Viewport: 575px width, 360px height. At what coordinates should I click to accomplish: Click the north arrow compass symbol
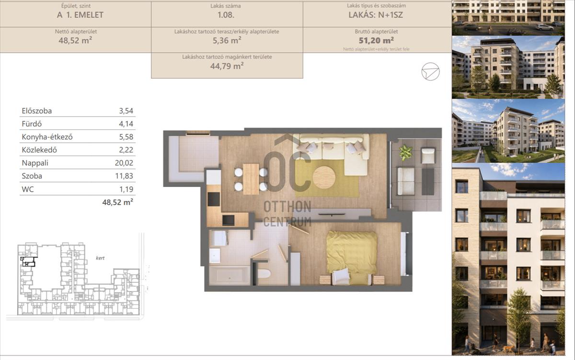click(x=430, y=71)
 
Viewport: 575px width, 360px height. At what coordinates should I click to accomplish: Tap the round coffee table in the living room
click(x=324, y=177)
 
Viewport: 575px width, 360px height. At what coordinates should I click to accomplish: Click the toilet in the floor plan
click(x=264, y=274)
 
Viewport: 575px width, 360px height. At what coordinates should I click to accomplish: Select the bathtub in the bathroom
click(x=229, y=276)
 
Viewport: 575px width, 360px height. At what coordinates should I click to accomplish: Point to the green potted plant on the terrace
click(x=405, y=152)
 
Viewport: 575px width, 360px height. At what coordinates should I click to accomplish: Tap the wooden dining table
click(x=251, y=179)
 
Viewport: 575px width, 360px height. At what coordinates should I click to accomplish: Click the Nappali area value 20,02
click(x=124, y=163)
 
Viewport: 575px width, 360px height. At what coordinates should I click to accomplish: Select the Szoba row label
click(x=32, y=176)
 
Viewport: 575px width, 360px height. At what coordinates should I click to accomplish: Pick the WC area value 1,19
click(x=126, y=189)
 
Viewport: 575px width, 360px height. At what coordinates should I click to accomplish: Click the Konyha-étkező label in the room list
click(x=47, y=137)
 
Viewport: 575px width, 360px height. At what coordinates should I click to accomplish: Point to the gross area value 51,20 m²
click(x=376, y=40)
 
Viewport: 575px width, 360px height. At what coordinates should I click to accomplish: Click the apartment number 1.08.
click(x=226, y=15)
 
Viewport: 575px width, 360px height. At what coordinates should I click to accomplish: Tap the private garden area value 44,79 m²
click(x=227, y=66)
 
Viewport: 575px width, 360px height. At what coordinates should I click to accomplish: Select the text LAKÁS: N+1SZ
click(x=376, y=15)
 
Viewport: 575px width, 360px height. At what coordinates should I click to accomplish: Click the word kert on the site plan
click(x=100, y=258)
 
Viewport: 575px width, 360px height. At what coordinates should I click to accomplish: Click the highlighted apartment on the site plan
click(x=28, y=261)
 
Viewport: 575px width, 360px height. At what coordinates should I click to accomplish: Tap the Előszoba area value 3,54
click(x=126, y=111)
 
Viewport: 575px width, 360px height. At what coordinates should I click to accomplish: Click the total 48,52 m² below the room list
click(x=117, y=202)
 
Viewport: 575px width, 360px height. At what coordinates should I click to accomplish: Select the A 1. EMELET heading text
click(x=80, y=15)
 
